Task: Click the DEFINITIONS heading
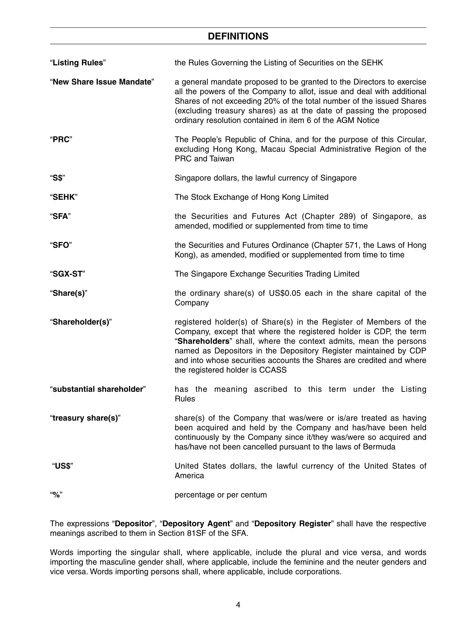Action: click(238, 36)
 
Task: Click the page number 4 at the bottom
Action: click(238, 605)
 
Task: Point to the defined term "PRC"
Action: click(61, 140)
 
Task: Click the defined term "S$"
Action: click(57, 178)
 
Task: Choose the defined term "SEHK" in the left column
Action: click(64, 197)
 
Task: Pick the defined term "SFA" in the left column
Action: click(60, 216)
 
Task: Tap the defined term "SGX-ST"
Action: click(67, 274)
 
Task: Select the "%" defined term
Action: click(56, 495)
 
